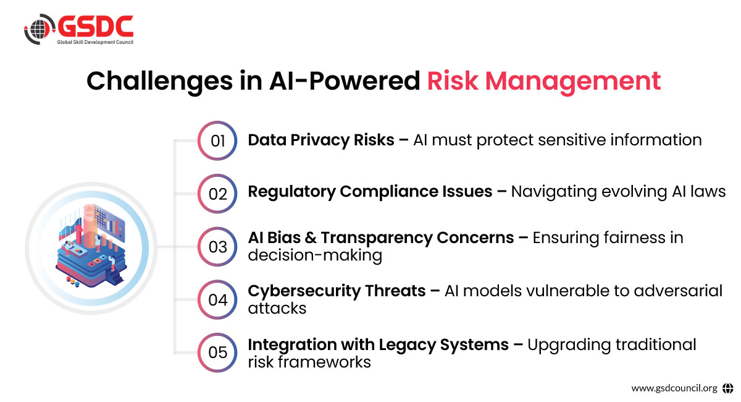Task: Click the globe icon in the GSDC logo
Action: pos(40,29)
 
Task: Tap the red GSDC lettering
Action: pos(96,26)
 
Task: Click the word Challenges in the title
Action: pos(160,82)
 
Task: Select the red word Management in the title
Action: pos(573,82)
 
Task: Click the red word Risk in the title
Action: pos(453,80)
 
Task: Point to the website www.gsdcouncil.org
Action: pos(674,388)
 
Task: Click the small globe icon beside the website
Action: pos(728,388)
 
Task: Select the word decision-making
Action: pos(315,256)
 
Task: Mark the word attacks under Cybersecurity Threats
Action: pos(277,309)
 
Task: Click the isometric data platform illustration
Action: pos(91,246)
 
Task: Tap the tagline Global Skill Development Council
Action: pos(95,42)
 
